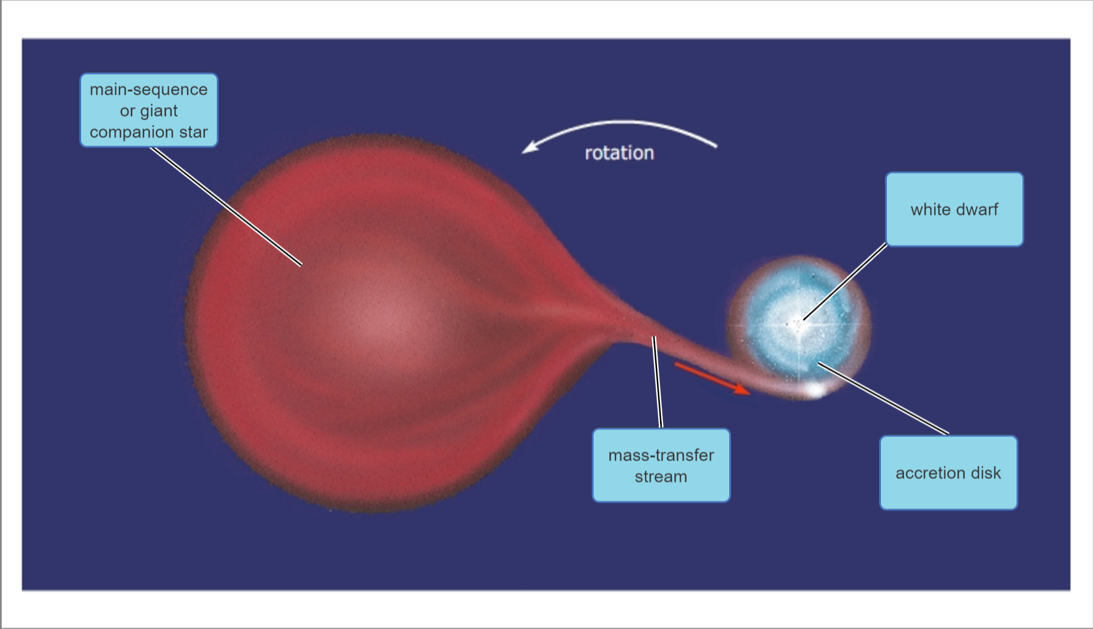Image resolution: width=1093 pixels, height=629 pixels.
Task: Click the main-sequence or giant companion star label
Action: [x=149, y=110]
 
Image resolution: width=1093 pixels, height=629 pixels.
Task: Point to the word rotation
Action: [x=619, y=153]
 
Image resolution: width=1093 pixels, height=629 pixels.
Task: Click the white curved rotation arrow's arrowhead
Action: [x=529, y=147]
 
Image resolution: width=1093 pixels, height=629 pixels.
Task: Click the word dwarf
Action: [x=976, y=210]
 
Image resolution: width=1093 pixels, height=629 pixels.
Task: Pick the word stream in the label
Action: [x=661, y=477]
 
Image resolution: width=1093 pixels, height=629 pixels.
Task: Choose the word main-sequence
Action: [x=149, y=89]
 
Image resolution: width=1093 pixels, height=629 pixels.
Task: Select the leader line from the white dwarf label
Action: [x=845, y=282]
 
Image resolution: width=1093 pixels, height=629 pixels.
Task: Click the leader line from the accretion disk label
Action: [x=883, y=398]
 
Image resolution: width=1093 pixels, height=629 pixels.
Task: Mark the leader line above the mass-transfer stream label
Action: [x=657, y=382]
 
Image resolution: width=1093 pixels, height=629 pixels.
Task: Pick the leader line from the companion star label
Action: [x=225, y=206]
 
